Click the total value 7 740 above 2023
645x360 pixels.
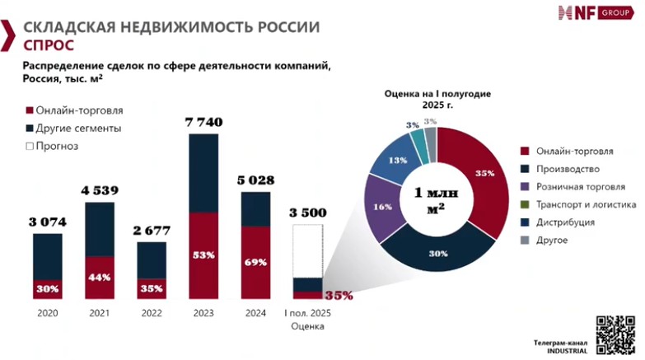click(203, 121)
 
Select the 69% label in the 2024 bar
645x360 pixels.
click(255, 262)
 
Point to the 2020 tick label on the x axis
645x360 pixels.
click(48, 314)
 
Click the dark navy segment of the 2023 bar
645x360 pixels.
click(203, 173)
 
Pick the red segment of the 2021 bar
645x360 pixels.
click(100, 277)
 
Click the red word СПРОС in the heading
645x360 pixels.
click(47, 44)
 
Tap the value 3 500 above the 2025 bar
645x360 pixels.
click(308, 213)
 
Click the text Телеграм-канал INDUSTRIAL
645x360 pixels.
click(560, 345)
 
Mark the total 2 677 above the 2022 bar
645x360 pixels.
click(151, 230)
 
